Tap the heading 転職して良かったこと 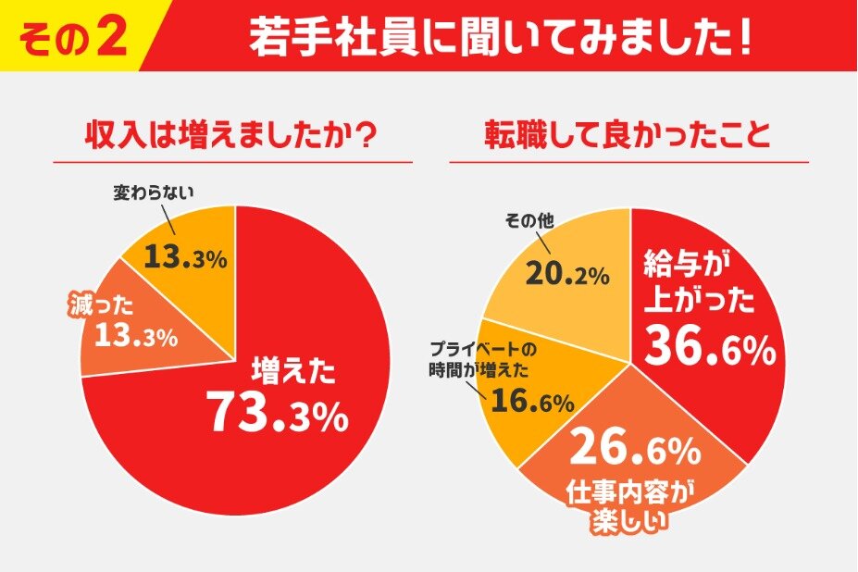[628, 136]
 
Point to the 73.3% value [278, 414]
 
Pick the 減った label [102, 305]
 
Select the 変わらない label [153, 193]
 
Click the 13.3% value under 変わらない [185, 258]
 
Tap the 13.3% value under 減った [136, 336]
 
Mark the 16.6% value [533, 402]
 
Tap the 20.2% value [567, 274]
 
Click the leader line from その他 [541, 242]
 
